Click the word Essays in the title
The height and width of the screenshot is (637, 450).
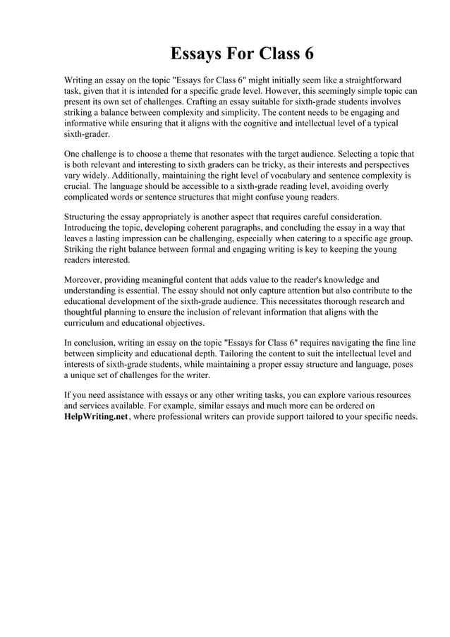point(198,54)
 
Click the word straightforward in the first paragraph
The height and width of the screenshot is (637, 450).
point(373,80)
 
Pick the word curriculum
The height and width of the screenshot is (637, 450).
point(87,323)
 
